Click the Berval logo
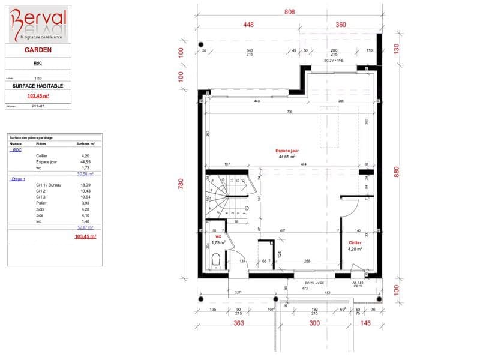pyautogui.click(x=37, y=24)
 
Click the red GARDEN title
pyautogui.click(x=37, y=51)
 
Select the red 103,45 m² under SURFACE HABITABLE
pyautogui.click(x=37, y=95)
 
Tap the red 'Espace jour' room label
pyautogui.click(x=287, y=151)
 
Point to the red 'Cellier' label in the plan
pyautogui.click(x=355, y=242)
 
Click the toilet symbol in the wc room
pyautogui.click(x=216, y=260)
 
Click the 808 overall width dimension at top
pyautogui.click(x=289, y=11)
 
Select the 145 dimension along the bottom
pyautogui.click(x=365, y=323)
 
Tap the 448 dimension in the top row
pyautogui.click(x=249, y=25)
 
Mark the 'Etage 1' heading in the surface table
pyautogui.click(x=18, y=179)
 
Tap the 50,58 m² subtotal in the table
pyautogui.click(x=86, y=173)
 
